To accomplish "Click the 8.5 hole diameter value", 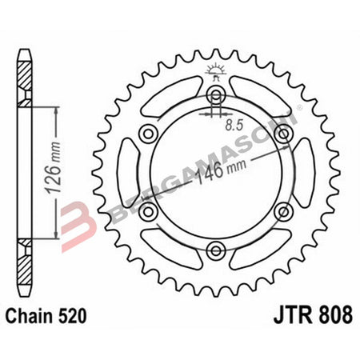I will click(x=233, y=125).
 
